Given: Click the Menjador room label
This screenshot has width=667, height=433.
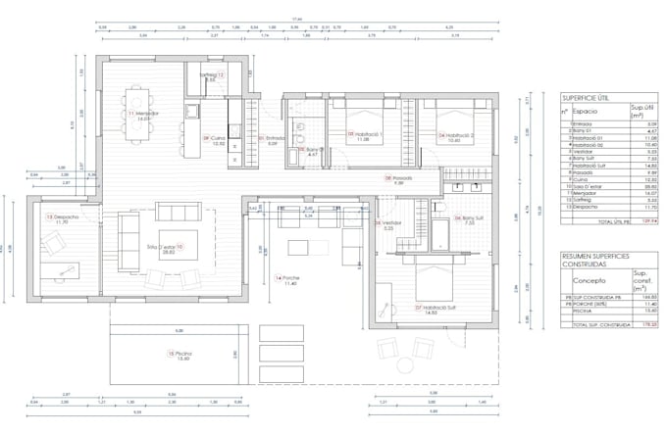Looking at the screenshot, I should tap(145, 114).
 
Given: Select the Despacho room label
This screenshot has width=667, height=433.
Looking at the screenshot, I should tap(61, 217).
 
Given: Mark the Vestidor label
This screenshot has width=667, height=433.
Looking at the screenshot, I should tap(390, 222).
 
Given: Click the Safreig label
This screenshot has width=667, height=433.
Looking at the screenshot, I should tap(214, 75).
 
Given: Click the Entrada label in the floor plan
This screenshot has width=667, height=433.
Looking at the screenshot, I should tap(274, 138).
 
